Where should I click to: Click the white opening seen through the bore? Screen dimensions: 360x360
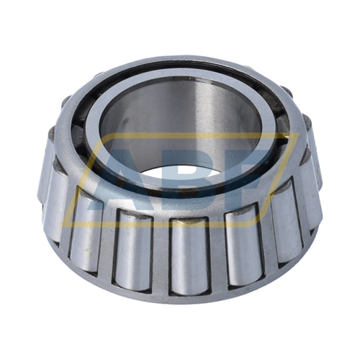tap(180, 173)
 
